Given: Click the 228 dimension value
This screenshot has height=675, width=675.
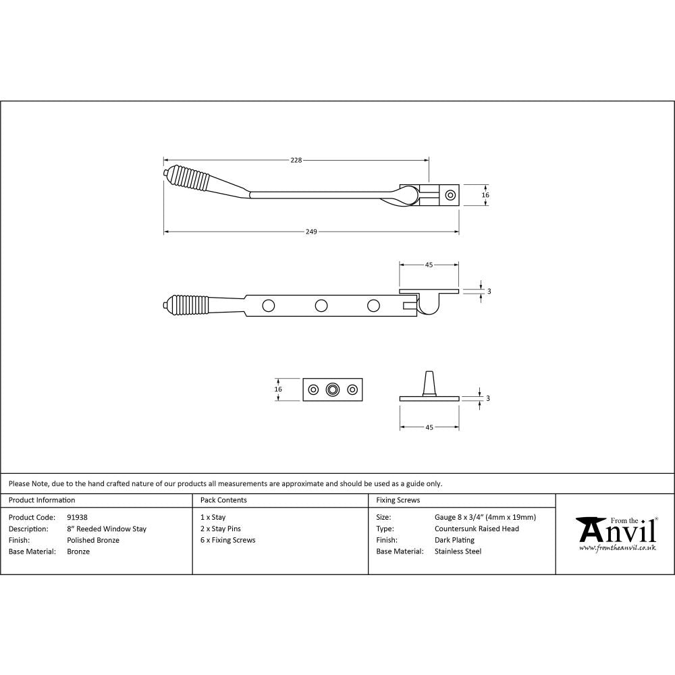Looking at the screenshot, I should click(296, 160).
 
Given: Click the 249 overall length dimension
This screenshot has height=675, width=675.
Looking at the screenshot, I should click(311, 232).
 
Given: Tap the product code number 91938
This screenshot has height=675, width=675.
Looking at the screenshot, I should click(78, 518).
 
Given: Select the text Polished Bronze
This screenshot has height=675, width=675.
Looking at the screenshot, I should click(93, 540).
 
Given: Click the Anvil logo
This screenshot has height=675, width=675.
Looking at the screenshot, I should click(615, 531).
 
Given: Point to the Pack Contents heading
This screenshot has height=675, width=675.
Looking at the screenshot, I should click(223, 500).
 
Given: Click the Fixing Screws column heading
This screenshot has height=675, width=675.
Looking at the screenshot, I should click(398, 500).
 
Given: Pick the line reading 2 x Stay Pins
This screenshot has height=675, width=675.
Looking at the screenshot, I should click(221, 529).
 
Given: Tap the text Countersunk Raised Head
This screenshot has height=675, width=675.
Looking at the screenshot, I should click(477, 529).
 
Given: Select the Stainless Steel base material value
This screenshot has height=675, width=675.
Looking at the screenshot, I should click(458, 551).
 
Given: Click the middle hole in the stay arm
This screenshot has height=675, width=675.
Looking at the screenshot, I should click(321, 305).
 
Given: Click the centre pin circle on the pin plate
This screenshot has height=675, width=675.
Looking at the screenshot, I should click(331, 389).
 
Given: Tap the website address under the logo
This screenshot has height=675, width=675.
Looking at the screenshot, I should click(618, 548).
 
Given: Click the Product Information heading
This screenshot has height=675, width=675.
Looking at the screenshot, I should click(42, 500).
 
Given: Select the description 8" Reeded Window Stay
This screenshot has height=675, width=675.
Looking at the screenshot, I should click(107, 529).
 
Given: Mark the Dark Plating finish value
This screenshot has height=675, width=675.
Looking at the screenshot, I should click(455, 540).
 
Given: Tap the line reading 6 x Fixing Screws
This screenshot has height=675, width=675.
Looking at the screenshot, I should click(228, 540).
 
